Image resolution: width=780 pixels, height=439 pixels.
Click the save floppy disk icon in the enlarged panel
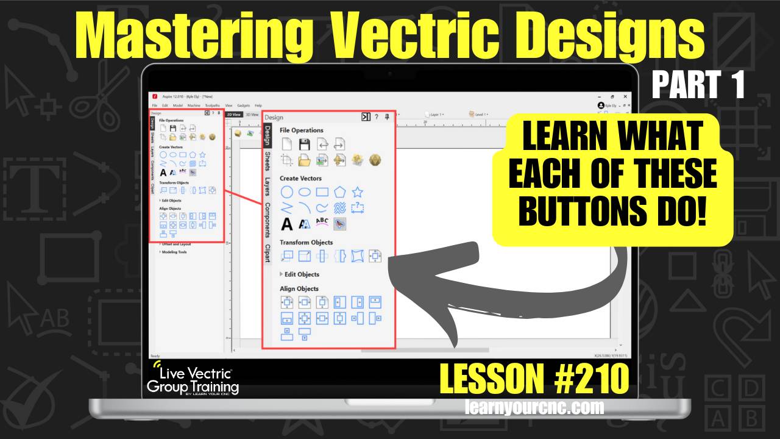coord(305,145)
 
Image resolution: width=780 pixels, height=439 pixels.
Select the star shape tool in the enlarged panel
coord(358,192)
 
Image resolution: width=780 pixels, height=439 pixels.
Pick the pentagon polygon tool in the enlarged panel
coord(340,192)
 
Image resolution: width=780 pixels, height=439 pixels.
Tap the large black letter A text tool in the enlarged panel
coord(287,224)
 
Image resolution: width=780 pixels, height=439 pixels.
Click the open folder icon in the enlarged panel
coord(305,160)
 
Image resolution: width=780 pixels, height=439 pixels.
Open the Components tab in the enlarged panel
coord(268,220)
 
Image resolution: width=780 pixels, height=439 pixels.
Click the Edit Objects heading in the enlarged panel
coord(301,274)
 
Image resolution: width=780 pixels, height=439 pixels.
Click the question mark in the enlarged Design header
coord(377,117)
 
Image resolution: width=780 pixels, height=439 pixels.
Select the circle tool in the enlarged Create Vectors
coord(287,192)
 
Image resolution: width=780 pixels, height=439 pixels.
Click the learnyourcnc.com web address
coord(534,407)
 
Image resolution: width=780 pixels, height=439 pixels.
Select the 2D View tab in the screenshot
coord(233,114)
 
